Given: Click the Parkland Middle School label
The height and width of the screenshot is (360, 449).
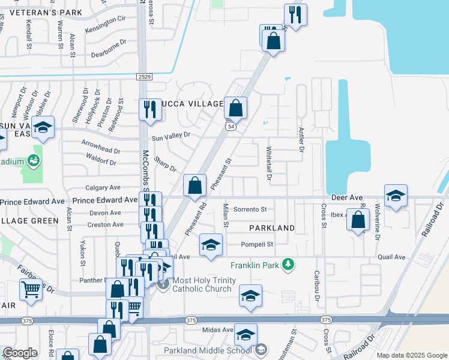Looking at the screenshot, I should pyautogui.click(x=208, y=350).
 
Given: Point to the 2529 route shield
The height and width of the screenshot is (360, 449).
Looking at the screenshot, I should pyautogui.click(x=144, y=77).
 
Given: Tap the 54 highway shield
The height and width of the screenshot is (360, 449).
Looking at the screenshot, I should pyautogui.click(x=231, y=127).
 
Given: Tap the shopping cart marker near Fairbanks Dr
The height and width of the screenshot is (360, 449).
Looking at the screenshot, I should pyautogui.click(x=30, y=290).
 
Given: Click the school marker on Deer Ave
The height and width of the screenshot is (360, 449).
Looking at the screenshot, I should pyautogui.click(x=396, y=196).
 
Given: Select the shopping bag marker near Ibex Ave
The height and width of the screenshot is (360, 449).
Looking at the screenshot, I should pyautogui.click(x=358, y=220).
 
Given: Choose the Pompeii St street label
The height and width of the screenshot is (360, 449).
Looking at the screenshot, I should pyautogui.click(x=257, y=244).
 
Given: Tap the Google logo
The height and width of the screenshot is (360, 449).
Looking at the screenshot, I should pyautogui.click(x=20, y=353).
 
